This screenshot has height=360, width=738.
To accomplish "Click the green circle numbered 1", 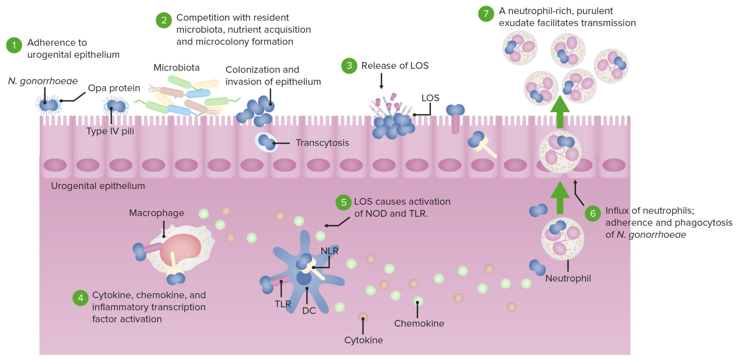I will pos(14,45).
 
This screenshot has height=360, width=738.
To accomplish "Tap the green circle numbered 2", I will pos(164,20).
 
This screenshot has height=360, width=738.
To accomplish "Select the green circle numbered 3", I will pos(349,66).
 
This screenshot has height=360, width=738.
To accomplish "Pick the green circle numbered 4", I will pos(80,298).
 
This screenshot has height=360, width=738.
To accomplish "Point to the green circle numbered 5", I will pos(344,203).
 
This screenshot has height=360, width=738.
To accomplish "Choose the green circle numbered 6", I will pos(593,214).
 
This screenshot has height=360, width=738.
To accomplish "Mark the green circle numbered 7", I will pos(486,14).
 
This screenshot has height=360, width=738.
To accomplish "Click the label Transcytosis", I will pos(322,143).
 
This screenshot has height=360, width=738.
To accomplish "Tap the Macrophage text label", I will pos(156,213).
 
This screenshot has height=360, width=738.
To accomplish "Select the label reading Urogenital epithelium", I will pos(98,186).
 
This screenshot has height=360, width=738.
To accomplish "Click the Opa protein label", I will pos(114,88).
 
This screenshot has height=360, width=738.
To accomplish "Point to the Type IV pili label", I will pos(110,131).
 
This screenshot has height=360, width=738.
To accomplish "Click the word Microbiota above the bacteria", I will pos(176,68).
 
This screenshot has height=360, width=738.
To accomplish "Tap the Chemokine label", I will pos(419,324).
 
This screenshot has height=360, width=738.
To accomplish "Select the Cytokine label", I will pos(363,340).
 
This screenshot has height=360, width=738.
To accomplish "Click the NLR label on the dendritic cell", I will pos(329,251).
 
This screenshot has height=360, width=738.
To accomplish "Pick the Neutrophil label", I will pos(568,279).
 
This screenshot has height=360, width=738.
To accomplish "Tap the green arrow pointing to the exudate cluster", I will pos(560,111).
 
